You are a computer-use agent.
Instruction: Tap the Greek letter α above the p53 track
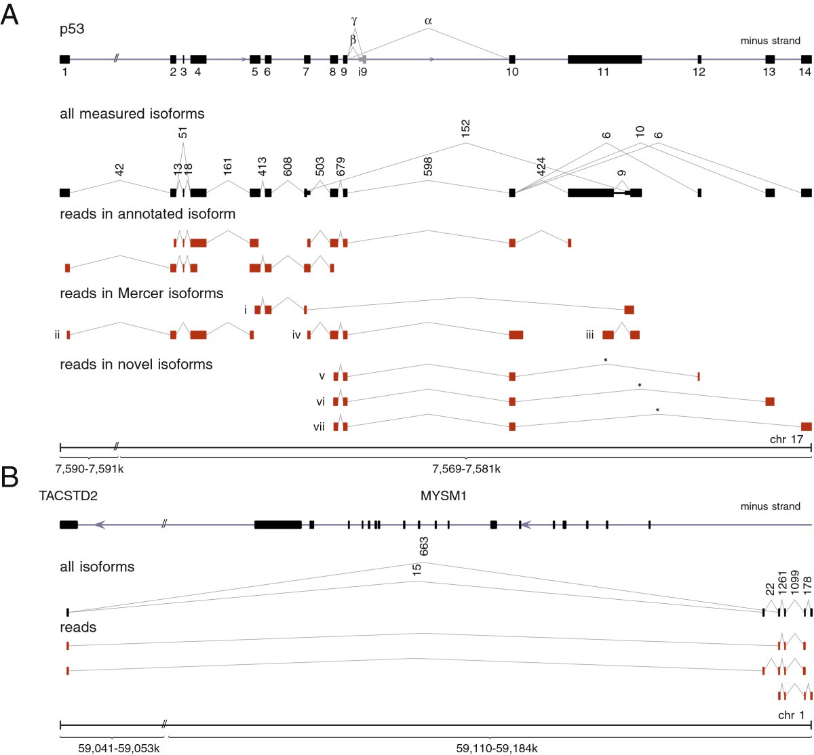pyautogui.click(x=428, y=20)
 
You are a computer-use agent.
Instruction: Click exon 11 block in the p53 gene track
pyautogui.click(x=604, y=59)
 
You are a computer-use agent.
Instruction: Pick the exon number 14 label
pyautogui.click(x=805, y=73)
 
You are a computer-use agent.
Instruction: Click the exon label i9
pyautogui.click(x=363, y=73)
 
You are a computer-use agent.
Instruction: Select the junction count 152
pyautogui.click(x=465, y=128)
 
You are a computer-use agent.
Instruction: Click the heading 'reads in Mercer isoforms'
pyautogui.click(x=141, y=293)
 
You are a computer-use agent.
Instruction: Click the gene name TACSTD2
pyautogui.click(x=69, y=495)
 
